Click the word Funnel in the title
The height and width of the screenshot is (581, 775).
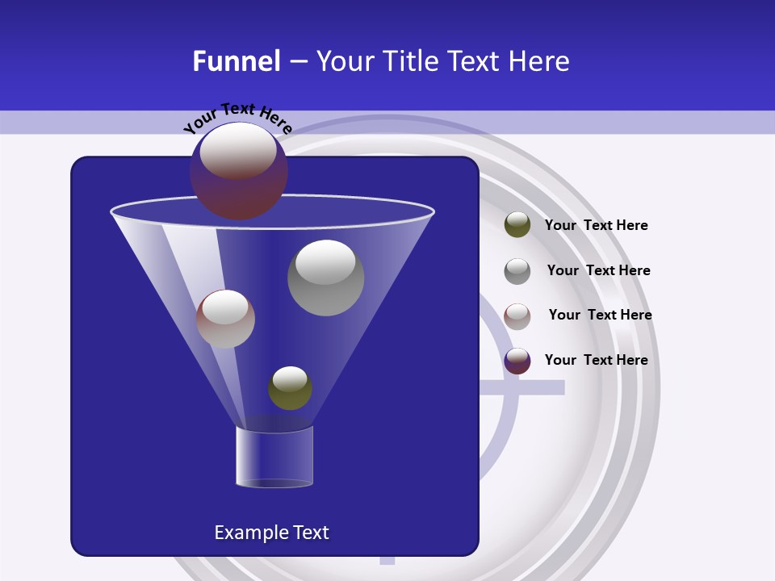click(x=237, y=61)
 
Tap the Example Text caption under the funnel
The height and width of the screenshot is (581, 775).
click(x=272, y=533)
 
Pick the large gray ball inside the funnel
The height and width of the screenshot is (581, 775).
click(x=325, y=278)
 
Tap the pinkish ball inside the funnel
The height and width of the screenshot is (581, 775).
click(x=225, y=319)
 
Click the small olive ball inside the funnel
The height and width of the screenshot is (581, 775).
click(x=290, y=388)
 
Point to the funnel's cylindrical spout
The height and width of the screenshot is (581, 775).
click(x=274, y=457)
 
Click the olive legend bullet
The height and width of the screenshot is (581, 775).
click(x=517, y=225)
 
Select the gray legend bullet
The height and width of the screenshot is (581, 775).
click(x=517, y=270)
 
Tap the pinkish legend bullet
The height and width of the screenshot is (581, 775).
click(x=517, y=316)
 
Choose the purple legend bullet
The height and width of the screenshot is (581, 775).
click(x=517, y=361)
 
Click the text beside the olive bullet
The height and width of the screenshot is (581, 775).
click(x=596, y=226)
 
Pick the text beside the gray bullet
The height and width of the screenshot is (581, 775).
click(x=598, y=270)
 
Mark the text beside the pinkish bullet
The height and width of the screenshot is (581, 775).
click(x=600, y=315)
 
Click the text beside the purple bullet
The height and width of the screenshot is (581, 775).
click(x=596, y=360)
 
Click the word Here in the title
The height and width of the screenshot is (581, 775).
click(x=540, y=61)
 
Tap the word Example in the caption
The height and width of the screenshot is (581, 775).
click(x=245, y=533)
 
